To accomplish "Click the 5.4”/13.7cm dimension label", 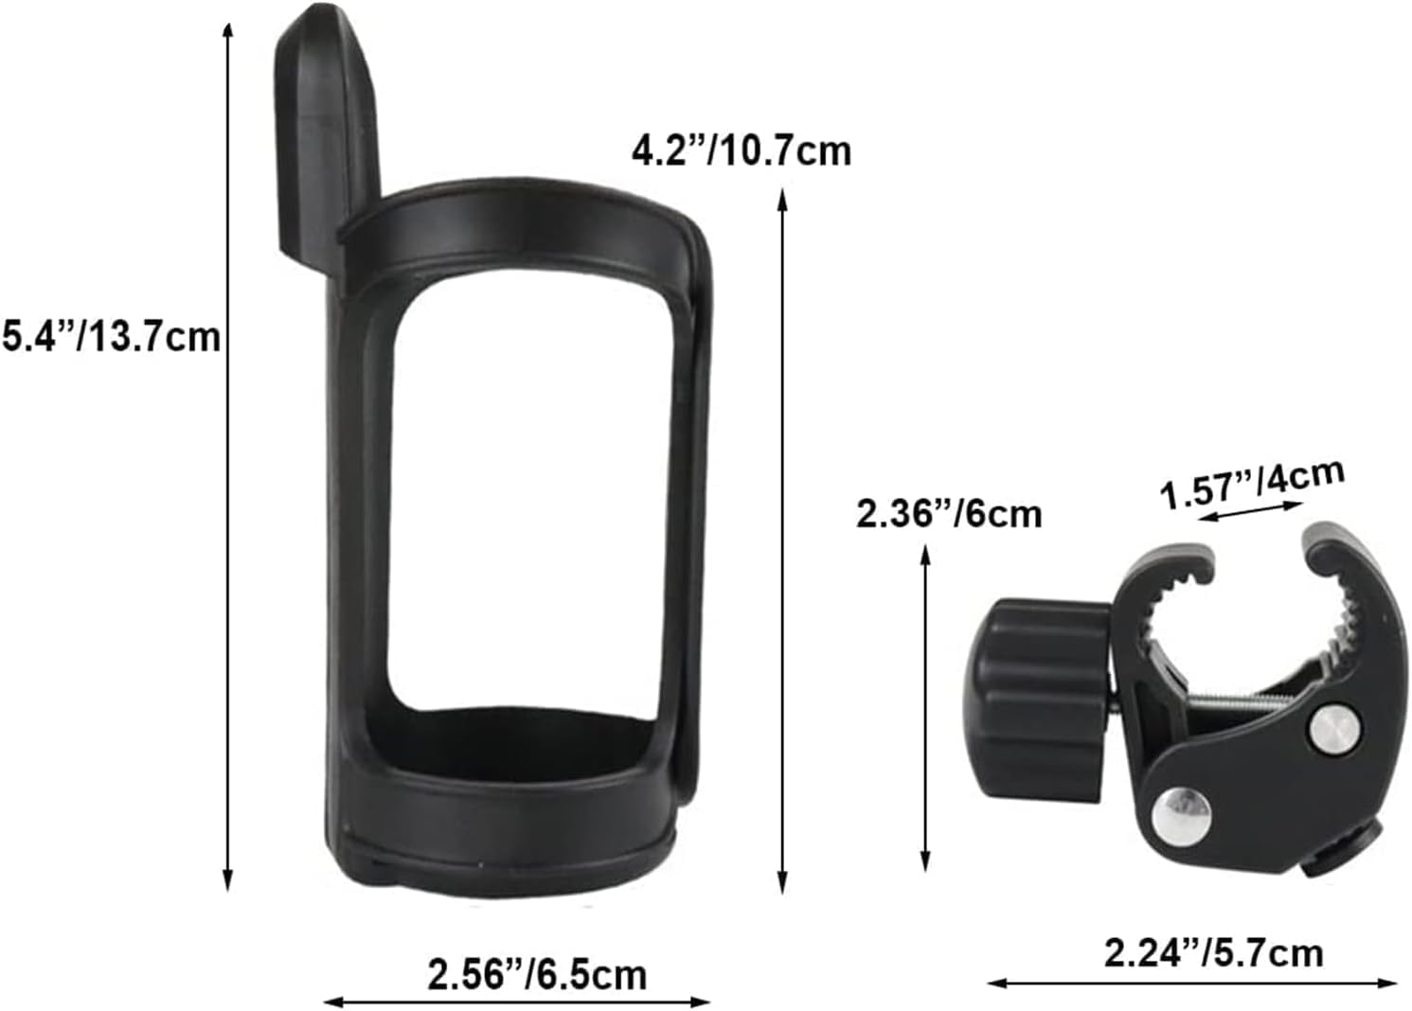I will point(110,336).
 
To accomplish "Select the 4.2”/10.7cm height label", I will point(742,151).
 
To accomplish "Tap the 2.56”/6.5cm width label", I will point(537,974).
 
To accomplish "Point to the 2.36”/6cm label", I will point(948,514).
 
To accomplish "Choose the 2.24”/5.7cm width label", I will point(1213,951).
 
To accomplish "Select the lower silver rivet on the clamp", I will point(1175,809).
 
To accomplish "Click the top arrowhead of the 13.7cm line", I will point(227,28).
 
